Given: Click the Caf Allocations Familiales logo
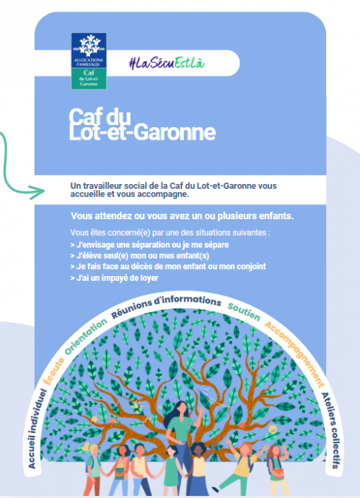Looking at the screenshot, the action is [89, 61].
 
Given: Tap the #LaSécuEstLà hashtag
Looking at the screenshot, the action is [167, 63].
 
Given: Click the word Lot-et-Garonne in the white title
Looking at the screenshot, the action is [142, 132].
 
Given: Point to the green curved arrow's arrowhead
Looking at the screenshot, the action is [38, 192].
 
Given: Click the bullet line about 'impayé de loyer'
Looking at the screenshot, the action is [114, 278].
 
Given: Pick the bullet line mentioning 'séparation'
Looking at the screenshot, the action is [150, 245].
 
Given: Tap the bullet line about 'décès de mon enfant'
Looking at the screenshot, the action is [168, 266].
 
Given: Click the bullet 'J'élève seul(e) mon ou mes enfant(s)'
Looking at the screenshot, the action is [140, 256].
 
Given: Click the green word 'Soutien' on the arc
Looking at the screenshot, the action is [244, 311].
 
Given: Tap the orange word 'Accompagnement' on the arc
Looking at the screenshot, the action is [294, 353].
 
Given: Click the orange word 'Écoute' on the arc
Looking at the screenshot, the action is [53, 371].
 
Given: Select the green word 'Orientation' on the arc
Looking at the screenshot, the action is [86, 336].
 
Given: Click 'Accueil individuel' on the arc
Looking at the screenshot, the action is [37, 428].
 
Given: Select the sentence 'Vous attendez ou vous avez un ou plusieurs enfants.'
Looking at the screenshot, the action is [182, 216].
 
